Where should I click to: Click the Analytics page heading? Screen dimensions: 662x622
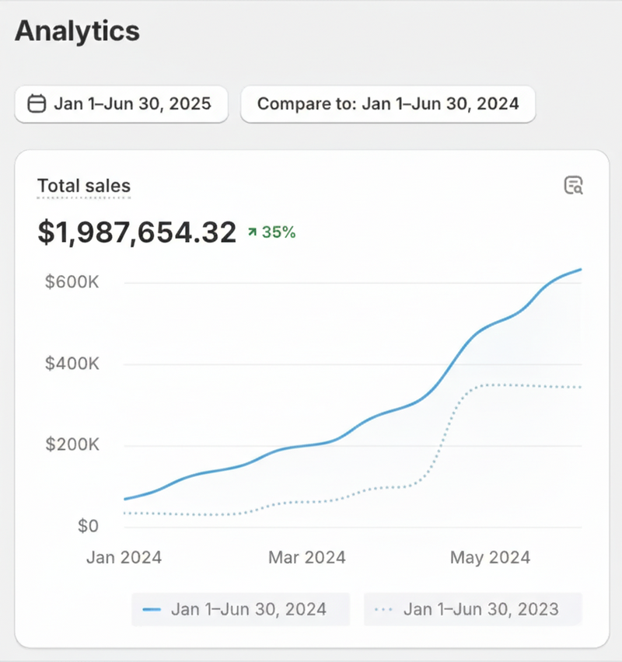click(x=77, y=31)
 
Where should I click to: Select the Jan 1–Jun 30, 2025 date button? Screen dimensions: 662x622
click(x=121, y=104)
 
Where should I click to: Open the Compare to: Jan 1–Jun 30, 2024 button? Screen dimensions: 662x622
click(x=388, y=104)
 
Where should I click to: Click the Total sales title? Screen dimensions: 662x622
click(x=84, y=186)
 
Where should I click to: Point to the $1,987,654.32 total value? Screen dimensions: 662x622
click(x=137, y=232)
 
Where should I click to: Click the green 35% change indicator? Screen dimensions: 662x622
click(x=271, y=232)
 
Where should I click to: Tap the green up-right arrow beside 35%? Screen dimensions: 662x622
click(x=252, y=232)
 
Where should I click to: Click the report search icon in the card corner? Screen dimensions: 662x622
click(x=573, y=186)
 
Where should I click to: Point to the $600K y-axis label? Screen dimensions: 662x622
click(x=72, y=282)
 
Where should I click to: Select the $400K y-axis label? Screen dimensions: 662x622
click(x=72, y=364)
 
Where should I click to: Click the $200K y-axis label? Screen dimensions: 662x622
click(x=72, y=445)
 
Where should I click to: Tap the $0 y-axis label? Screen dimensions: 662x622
click(x=88, y=527)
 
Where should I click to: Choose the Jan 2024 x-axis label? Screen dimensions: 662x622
click(x=124, y=558)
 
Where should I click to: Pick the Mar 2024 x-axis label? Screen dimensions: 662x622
click(x=307, y=558)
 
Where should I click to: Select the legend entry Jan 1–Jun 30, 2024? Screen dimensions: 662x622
click(x=241, y=609)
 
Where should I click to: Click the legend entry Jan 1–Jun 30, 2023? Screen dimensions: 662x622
click(x=473, y=609)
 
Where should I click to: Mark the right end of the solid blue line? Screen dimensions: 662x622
click(x=581, y=270)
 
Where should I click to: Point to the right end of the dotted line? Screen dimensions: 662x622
click(x=581, y=387)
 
